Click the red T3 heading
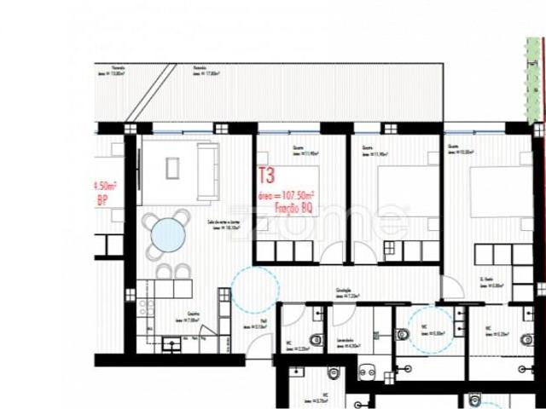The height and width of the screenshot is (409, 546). coord(266,176)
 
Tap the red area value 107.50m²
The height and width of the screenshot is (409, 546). coord(290,195)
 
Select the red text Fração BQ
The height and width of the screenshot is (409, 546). coord(291,208)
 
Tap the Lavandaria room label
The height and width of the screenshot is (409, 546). coord(345,340)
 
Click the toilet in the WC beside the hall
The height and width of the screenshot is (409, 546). coord(315,340)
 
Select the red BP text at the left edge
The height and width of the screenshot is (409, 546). coord(102,200)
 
